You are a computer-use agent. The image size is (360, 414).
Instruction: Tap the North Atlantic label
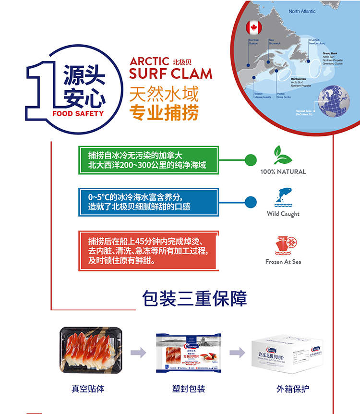pos(302,11)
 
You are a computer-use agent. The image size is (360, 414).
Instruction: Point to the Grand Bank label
pos(331,53)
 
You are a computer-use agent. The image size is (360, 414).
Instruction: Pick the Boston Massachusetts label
pos(262,95)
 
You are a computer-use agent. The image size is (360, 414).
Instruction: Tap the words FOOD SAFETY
pos(78,114)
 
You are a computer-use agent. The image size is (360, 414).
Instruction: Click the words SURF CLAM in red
pos(170,73)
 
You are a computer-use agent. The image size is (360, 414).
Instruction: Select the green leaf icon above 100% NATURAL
pos(283,155)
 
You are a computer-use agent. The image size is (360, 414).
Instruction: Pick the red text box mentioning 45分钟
pos(148,250)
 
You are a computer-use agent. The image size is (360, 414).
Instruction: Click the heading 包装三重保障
pos(194,298)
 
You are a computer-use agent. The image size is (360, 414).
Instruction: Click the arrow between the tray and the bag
pos(138,353)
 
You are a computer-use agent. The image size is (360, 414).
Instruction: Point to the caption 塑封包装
pos(189,389)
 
